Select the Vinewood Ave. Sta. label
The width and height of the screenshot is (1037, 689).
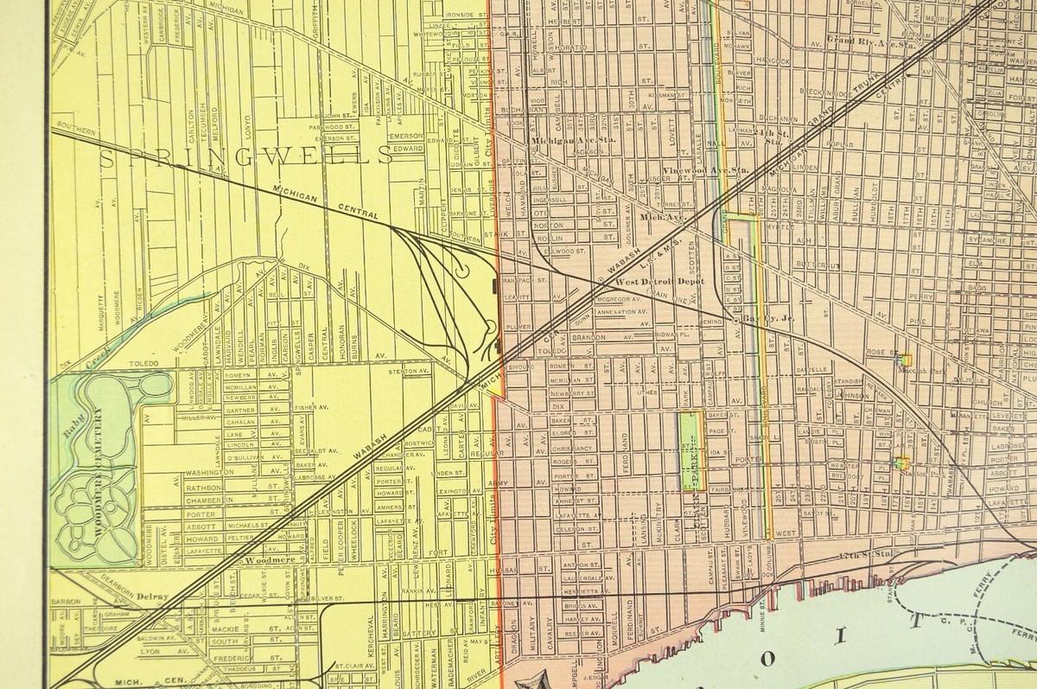[x=705, y=171]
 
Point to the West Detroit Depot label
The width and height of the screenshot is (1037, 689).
[x=659, y=282]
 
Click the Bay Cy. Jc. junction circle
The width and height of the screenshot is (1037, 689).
[x=735, y=319]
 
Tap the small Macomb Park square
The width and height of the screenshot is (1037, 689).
[x=905, y=357]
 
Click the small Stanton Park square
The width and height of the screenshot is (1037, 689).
[x=901, y=463]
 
